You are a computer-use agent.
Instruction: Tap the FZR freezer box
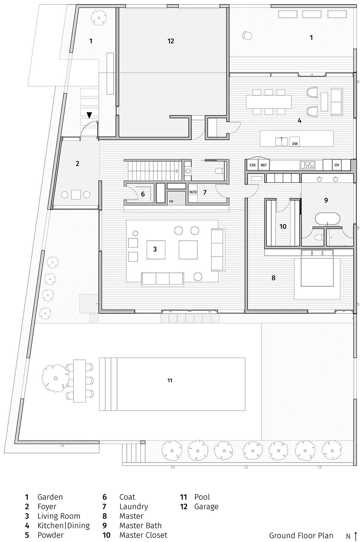click(252, 165)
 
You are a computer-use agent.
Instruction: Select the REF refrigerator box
click(264, 165)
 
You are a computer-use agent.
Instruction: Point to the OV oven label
click(337, 165)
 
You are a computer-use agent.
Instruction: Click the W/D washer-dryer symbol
click(193, 192)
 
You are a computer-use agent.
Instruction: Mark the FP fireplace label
click(171, 201)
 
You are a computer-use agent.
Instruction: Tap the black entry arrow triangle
click(89, 116)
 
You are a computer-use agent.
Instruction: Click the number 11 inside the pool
click(170, 380)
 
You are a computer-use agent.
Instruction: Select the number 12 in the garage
click(171, 41)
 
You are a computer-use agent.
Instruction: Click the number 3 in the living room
click(154, 249)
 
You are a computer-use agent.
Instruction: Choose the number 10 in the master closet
click(283, 226)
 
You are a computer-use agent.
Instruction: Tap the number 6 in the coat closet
click(142, 194)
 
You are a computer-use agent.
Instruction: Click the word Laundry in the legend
click(133, 506)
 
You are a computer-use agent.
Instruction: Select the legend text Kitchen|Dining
click(63, 526)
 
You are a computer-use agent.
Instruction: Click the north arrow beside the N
click(355, 536)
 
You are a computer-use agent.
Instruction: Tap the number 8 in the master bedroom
click(273, 278)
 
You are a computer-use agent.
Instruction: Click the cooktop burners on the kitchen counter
click(308, 165)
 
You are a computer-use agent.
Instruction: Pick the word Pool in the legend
click(202, 497)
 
